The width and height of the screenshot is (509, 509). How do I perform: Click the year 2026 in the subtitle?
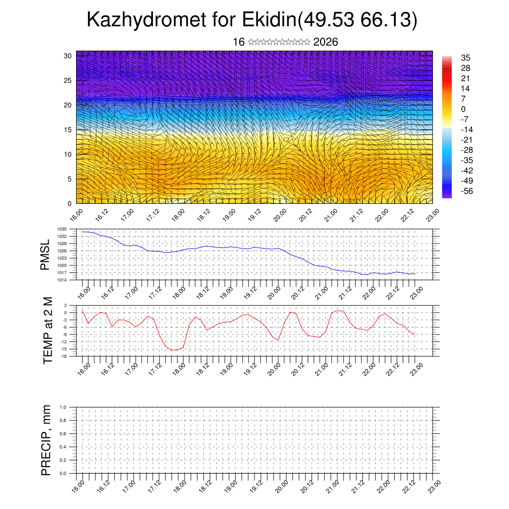[x=326, y=42]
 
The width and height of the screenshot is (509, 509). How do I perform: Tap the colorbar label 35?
[x=466, y=58]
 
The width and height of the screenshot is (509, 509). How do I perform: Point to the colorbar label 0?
[x=464, y=109]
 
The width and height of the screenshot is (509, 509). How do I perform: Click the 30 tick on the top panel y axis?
[x=68, y=56]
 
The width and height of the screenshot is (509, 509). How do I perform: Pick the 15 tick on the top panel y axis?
[x=68, y=130]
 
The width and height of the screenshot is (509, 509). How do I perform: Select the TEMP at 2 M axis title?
[x=48, y=331]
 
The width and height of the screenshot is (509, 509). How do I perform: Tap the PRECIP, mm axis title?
[x=46, y=440]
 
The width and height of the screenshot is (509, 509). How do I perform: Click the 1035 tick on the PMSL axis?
[x=62, y=229]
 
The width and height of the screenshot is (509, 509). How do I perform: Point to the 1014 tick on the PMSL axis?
[x=62, y=280]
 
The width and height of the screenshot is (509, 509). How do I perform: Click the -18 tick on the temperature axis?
[x=64, y=356]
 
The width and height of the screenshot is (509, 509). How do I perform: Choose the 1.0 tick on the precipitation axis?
[x=63, y=407]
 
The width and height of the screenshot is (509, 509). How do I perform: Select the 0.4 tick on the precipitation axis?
[x=63, y=447]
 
